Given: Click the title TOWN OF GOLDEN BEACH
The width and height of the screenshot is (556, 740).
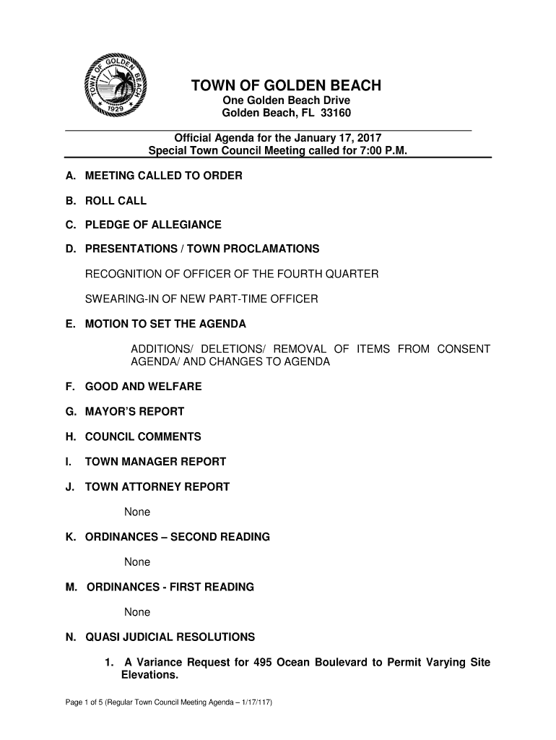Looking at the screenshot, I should pyautogui.click(x=285, y=87).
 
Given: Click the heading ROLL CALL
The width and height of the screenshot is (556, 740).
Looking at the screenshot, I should pyautogui.click(x=116, y=200).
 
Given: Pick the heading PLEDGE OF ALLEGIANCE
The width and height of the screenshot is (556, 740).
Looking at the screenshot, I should pyautogui.click(x=153, y=225).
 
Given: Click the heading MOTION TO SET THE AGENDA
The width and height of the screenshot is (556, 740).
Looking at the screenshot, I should pyautogui.click(x=165, y=323).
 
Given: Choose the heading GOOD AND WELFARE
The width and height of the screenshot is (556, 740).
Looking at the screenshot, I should pyautogui.click(x=143, y=387).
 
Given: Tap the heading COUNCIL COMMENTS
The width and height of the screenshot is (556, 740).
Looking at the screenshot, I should pyautogui.click(x=143, y=436).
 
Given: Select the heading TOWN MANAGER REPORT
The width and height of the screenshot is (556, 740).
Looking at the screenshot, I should pyautogui.click(x=155, y=461).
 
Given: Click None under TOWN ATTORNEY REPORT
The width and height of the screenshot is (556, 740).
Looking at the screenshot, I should pyautogui.click(x=137, y=512).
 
